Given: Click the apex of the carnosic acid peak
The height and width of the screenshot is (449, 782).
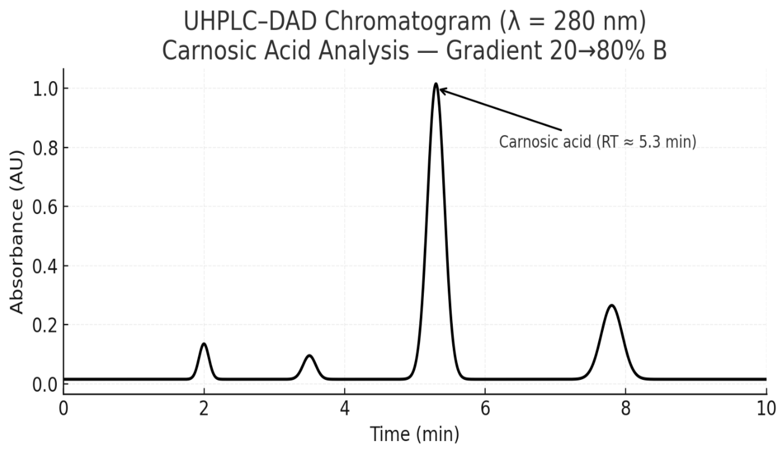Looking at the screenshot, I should (436, 84).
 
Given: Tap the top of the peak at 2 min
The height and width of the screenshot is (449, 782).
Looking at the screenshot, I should (204, 344).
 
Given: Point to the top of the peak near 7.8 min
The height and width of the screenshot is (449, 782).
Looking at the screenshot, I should (612, 306).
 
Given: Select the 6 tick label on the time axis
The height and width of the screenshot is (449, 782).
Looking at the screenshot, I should (485, 409).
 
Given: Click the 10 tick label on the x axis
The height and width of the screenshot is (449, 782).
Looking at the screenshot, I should (766, 409).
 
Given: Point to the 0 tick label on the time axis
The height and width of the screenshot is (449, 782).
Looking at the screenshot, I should (63, 409).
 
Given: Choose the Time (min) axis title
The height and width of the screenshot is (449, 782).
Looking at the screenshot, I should (415, 434).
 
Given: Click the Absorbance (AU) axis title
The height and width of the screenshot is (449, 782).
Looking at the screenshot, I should (17, 232).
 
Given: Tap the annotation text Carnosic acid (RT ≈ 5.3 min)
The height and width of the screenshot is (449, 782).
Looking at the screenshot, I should (597, 142).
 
